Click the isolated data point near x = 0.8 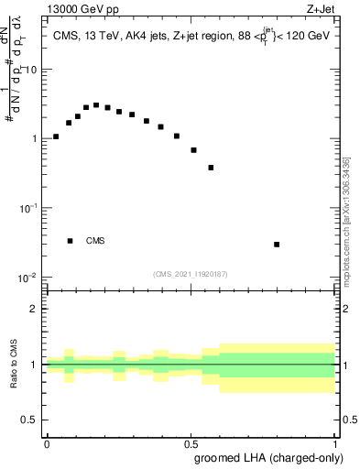coord(277,245)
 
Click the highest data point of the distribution coord(96,105)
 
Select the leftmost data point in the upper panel coord(56,136)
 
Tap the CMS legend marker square coord(70,241)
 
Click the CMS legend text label coord(95,242)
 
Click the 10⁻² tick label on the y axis coord(29,278)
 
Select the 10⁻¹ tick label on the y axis coord(29,208)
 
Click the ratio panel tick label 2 coord(34,309)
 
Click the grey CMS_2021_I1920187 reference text coord(191,274)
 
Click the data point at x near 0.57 coord(212,168)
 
